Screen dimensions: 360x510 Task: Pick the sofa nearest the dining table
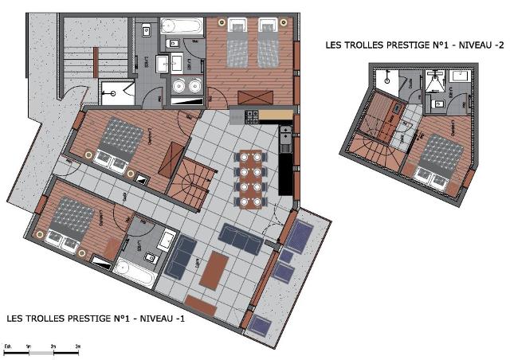(x=241, y=238)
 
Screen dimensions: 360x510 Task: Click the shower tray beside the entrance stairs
(x=116, y=91)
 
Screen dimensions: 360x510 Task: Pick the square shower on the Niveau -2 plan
(x=433, y=80)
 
